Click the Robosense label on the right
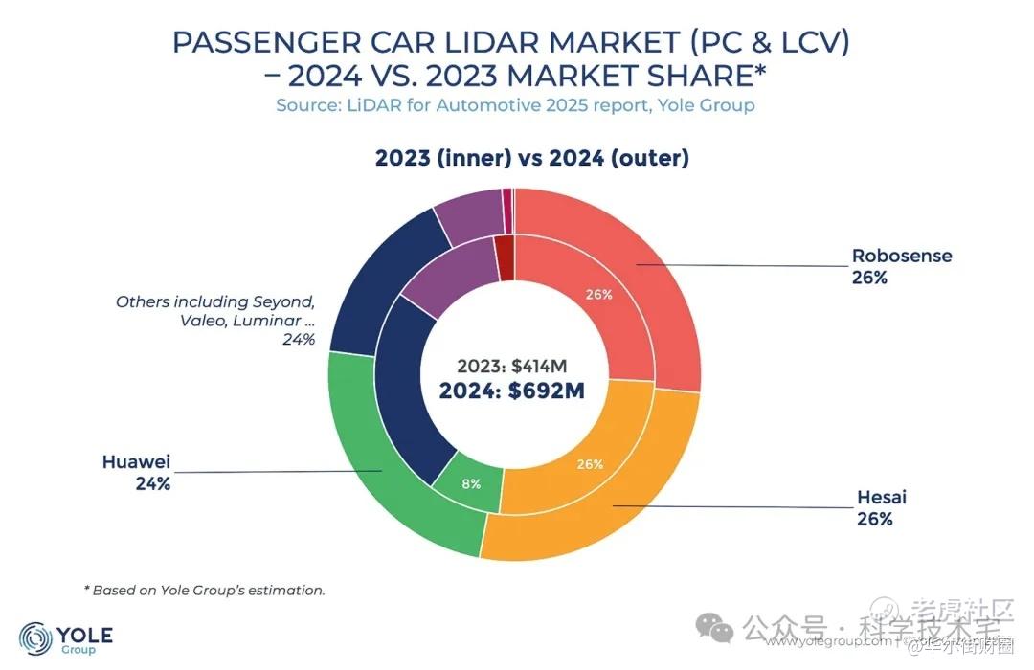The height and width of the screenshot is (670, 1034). pos(902,257)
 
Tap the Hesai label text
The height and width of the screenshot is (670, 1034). pos(881,498)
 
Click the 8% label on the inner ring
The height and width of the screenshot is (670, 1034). pos(471,484)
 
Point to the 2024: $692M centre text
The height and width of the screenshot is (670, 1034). pos(511,390)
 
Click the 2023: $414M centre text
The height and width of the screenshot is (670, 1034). pos(513,366)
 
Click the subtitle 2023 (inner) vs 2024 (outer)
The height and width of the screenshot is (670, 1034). pos(532,158)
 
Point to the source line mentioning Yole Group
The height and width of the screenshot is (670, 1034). pos(515,105)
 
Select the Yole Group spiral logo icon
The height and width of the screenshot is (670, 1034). pos(36,637)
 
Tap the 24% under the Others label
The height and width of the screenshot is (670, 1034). pos(298,340)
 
